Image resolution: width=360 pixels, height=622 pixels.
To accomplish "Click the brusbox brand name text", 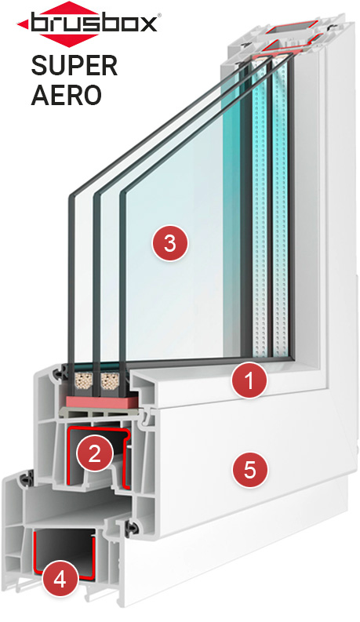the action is (93, 23).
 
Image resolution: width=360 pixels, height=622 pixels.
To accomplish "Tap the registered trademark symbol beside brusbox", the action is (159, 15).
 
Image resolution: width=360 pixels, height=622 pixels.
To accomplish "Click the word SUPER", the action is (75, 65).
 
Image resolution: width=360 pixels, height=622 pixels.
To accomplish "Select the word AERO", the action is (66, 95).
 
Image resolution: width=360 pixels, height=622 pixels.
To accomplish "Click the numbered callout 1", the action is (249, 380).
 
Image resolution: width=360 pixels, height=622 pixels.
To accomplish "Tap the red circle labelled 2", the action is (94, 453).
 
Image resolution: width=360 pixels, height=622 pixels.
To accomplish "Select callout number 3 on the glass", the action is (170, 243).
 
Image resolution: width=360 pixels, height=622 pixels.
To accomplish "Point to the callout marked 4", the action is (60, 580).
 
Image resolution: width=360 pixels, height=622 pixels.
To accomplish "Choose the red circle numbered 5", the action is (249, 470).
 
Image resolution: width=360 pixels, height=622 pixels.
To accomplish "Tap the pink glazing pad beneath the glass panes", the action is (102, 400).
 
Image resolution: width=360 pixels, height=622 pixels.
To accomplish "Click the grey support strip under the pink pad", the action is (101, 413).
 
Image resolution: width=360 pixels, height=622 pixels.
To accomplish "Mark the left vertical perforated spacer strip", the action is (260, 206).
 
